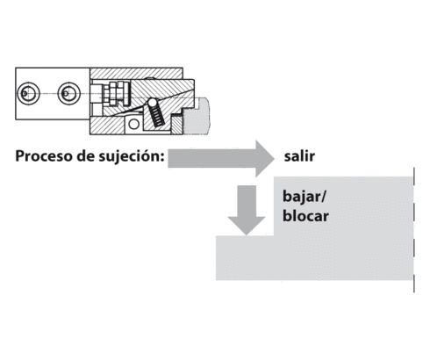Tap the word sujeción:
point(127,160)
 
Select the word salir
point(299,157)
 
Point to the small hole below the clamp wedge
point(133,125)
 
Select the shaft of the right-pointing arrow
point(206,158)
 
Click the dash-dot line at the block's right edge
point(413,228)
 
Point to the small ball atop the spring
point(149,100)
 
